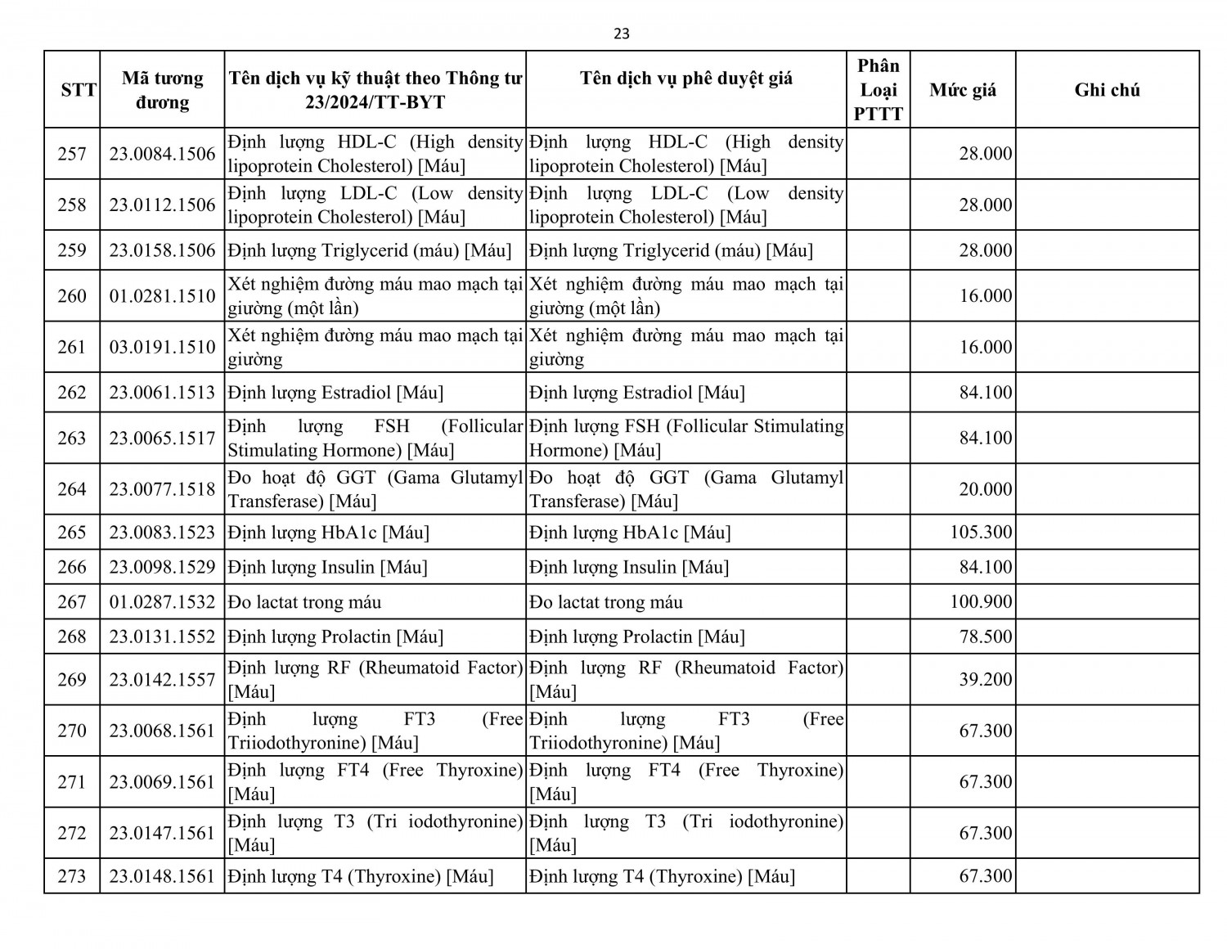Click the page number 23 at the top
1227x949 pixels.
[x=622, y=34]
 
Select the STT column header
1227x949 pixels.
[x=79, y=90]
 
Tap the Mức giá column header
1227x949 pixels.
[x=963, y=90]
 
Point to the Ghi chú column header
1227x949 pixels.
[x=1107, y=90]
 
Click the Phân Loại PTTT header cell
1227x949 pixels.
[x=879, y=90]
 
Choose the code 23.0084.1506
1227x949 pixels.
[x=162, y=154]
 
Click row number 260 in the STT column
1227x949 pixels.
[x=72, y=296]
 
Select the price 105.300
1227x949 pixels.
[x=981, y=533]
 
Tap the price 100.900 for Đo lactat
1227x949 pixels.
[x=981, y=602]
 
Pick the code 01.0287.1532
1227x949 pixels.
[x=162, y=602]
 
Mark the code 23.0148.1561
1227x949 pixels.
[x=162, y=876]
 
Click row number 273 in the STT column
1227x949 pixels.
[x=72, y=876]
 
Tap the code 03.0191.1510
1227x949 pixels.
[x=162, y=347]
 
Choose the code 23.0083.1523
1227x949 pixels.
[x=162, y=533]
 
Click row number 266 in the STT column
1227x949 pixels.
[x=72, y=567]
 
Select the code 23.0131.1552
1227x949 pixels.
[x=162, y=636]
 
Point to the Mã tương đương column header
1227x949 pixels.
[x=162, y=90]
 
